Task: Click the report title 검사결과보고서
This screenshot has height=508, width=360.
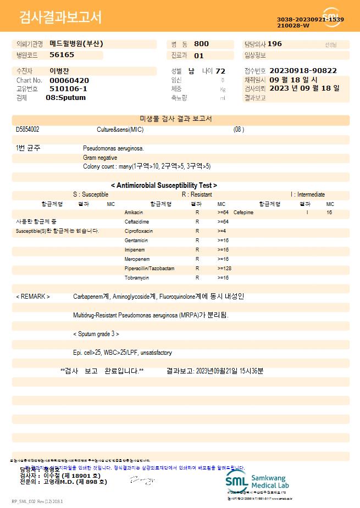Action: click(60, 18)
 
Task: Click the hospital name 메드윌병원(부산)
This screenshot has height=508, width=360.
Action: click(76, 44)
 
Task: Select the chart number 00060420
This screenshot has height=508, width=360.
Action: click(69, 80)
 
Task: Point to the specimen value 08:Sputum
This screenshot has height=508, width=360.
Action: click(65, 98)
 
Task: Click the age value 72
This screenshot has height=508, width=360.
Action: click(220, 71)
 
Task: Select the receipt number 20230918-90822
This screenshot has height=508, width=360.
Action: click(303, 71)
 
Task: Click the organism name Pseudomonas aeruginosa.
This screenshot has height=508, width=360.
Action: click(113, 148)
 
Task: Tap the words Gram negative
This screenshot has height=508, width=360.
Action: click(100, 158)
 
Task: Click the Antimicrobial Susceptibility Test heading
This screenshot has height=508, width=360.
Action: click(164, 186)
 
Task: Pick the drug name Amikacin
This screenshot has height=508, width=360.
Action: click(134, 212)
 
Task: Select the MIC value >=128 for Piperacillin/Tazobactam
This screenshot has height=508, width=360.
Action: click(224, 269)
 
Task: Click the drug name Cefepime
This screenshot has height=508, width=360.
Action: click(243, 212)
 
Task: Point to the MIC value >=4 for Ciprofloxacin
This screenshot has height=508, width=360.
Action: click(222, 231)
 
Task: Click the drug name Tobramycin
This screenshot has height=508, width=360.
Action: click(137, 278)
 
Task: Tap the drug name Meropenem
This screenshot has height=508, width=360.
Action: click(136, 259)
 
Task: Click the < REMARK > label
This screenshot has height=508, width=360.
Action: click(33, 297)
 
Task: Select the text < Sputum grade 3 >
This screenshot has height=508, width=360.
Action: click(96, 334)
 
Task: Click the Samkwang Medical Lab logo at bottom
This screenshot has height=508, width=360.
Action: click(257, 482)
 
